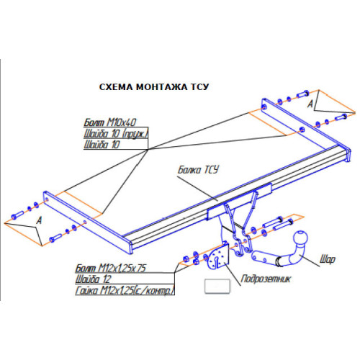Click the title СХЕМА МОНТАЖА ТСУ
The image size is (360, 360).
pos(154,87)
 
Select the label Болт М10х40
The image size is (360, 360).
pos(110,122)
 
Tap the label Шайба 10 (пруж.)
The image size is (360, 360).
pos(116,134)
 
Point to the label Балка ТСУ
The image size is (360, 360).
pos(198,170)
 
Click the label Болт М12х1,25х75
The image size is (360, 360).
pos(111,268)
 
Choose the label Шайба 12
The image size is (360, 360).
pos(93,279)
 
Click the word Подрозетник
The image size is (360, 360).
pos(266,279)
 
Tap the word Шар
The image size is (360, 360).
pos(328,259)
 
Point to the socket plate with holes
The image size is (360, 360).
pos(218,257)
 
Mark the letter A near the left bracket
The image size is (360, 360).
pos(39,220)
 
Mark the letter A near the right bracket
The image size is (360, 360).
pos(310,104)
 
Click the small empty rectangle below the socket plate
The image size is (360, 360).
pos(217,286)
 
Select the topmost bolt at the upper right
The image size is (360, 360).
pos(303,94)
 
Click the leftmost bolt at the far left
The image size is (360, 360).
pos(17,215)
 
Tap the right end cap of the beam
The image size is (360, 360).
pos(348,156)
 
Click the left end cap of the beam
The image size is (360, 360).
pos(130,246)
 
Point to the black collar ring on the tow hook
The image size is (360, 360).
pos(279,261)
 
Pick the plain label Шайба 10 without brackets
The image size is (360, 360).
pos(102,145)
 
